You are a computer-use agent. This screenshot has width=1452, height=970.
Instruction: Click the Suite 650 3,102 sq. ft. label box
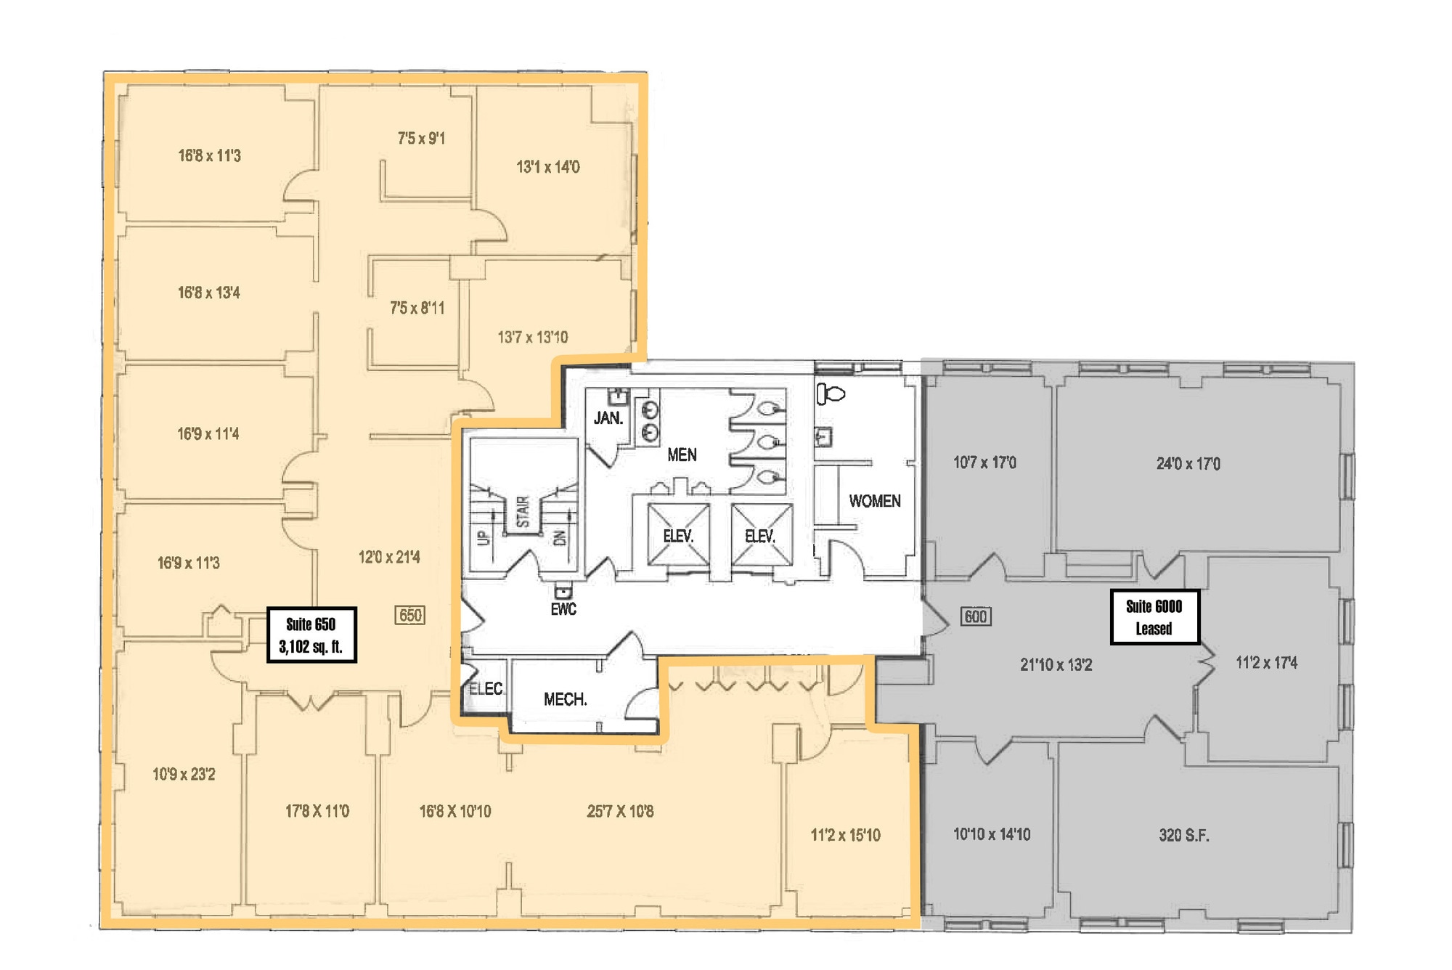pyautogui.click(x=311, y=635)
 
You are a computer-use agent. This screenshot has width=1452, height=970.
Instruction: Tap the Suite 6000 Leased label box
pyautogui.click(x=1154, y=617)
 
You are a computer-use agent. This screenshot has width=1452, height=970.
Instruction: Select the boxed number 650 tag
pyautogui.click(x=410, y=615)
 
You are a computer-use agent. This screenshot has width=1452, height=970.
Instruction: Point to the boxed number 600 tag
pyautogui.click(x=975, y=616)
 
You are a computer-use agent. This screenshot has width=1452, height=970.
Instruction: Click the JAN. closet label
pyautogui.click(x=608, y=418)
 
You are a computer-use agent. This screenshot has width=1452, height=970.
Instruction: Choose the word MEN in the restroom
pyautogui.click(x=682, y=455)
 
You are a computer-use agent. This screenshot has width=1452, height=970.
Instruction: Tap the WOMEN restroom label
pyautogui.click(x=875, y=501)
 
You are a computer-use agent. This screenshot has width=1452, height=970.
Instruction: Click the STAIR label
pyautogui.click(x=523, y=512)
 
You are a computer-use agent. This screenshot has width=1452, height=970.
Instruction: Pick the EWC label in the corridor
pyautogui.click(x=563, y=609)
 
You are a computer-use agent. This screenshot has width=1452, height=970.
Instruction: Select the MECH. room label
pyautogui.click(x=566, y=699)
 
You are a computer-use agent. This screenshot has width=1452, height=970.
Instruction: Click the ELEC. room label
pyautogui.click(x=486, y=688)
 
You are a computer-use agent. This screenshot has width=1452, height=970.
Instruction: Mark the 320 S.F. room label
pyautogui.click(x=1184, y=835)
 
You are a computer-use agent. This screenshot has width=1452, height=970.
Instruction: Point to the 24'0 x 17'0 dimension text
pyautogui.click(x=1188, y=463)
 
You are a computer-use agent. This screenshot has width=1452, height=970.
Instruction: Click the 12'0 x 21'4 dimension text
pyautogui.click(x=389, y=557)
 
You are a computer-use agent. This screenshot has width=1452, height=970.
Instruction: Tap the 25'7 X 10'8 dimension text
pyautogui.click(x=620, y=811)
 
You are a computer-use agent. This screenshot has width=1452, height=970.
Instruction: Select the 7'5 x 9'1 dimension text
pyautogui.click(x=421, y=138)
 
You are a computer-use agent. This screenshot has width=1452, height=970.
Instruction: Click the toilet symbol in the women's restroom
pyautogui.click(x=831, y=394)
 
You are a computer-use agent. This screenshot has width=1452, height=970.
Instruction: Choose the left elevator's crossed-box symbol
pyautogui.click(x=678, y=534)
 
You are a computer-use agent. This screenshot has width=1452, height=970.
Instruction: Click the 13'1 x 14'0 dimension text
pyautogui.click(x=548, y=167)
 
